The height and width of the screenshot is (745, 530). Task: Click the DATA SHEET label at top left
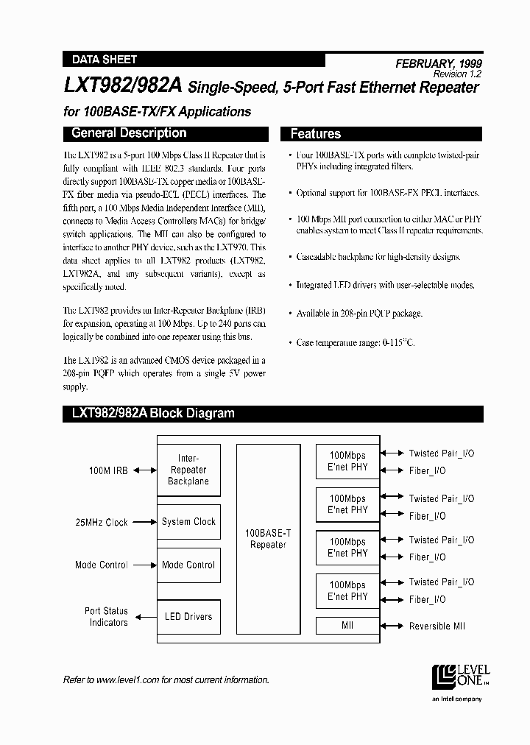[104, 60]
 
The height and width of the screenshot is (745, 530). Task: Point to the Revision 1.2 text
[457, 74]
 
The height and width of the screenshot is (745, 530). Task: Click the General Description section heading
[129, 133]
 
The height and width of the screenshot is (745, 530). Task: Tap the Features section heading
[316, 134]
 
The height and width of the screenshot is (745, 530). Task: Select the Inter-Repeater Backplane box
[188, 470]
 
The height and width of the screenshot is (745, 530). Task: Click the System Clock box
[188, 522]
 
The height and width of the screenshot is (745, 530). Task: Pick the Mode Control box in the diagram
[188, 565]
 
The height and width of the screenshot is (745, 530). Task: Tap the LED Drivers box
[188, 617]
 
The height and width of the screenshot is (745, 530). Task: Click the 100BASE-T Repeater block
[268, 539]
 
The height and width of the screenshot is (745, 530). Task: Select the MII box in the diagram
[347, 626]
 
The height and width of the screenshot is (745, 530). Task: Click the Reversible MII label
[437, 626]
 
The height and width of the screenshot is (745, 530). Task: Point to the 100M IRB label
[110, 470]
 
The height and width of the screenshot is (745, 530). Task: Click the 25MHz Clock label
[102, 523]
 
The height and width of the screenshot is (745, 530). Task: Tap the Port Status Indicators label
[106, 617]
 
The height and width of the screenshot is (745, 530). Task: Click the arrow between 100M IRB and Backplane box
[145, 470]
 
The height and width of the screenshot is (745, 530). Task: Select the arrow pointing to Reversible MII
[392, 626]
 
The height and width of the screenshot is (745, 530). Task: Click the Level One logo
[460, 674]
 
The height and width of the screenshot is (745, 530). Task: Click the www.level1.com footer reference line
[166, 679]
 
